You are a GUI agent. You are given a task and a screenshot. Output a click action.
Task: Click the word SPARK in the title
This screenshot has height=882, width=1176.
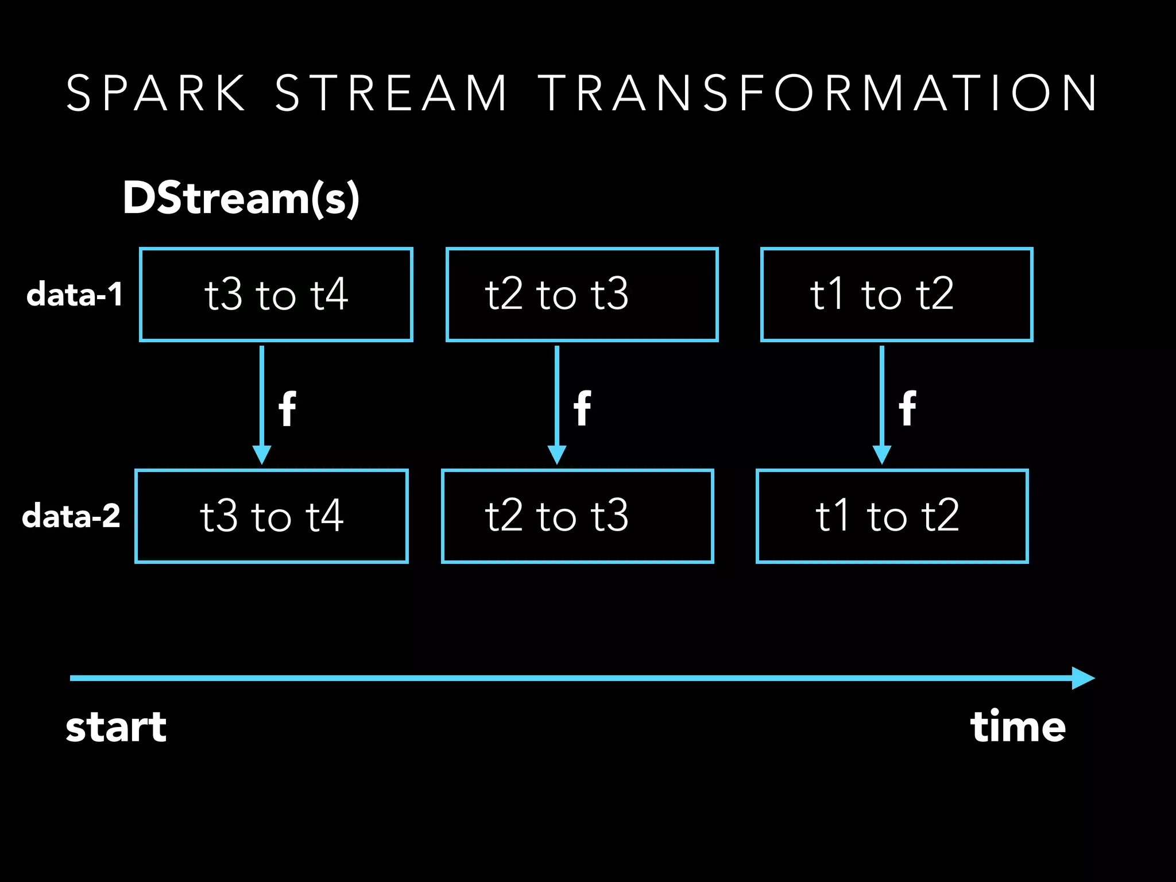[156, 93]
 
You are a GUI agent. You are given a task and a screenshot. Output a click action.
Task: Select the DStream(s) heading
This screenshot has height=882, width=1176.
[241, 198]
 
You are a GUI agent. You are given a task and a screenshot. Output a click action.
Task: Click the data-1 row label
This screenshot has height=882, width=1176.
[75, 295]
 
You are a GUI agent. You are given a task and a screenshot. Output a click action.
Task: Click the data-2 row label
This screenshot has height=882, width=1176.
[71, 516]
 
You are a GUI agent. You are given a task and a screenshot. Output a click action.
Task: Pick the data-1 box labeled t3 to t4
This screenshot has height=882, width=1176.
[276, 295]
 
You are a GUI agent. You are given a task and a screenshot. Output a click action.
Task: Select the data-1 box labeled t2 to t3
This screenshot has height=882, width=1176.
[582, 295]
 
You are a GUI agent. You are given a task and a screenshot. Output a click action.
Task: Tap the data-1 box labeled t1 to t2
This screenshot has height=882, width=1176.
[896, 295]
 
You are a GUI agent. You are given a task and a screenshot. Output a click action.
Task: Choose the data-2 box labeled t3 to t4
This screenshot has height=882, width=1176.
[272, 516]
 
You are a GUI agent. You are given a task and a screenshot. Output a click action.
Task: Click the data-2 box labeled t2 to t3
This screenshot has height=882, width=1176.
[578, 516]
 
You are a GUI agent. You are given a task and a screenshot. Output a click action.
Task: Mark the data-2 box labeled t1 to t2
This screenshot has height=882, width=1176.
[892, 516]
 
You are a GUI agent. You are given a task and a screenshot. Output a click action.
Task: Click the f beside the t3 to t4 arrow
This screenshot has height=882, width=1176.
[288, 408]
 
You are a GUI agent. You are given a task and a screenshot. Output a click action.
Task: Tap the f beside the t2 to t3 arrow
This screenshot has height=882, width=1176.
[582, 408]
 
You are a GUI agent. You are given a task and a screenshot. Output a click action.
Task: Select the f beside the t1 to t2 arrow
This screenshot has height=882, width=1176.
[907, 408]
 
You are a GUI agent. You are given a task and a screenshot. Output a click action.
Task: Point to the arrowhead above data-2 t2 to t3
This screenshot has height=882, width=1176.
[557, 455]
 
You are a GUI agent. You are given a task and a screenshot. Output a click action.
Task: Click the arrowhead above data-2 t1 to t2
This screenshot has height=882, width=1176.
[882, 455]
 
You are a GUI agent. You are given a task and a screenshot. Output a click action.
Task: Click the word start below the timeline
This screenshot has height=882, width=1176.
[116, 727]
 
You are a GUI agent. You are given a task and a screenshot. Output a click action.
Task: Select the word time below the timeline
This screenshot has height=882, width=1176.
[1018, 727]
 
